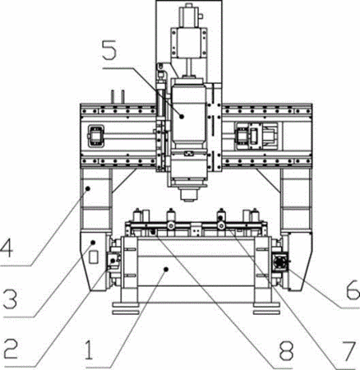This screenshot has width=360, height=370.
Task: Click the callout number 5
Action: click(109, 49)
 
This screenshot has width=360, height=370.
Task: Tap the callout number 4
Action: click(7, 247)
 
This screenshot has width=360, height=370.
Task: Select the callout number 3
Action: click(11, 298)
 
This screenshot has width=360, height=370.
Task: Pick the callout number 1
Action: click(89, 350)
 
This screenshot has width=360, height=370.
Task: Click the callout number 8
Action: click(286, 350)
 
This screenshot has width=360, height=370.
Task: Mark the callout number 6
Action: click(353, 289)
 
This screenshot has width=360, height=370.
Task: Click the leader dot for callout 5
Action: click(182, 117)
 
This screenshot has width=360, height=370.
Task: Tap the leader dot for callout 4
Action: click(88, 188)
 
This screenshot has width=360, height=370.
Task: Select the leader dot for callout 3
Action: click(93, 243)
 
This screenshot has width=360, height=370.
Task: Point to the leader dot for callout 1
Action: click(165, 270)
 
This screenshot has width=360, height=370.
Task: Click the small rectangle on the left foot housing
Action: click(94, 257)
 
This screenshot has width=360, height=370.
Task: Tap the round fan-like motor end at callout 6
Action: click(280, 262)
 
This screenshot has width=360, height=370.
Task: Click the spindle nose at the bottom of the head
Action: click(188, 194)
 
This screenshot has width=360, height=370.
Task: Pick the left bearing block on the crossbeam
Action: click(95, 136)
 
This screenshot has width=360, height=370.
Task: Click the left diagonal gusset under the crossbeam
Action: click(123, 181)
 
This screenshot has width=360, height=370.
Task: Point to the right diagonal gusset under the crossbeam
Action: click(269, 181)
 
